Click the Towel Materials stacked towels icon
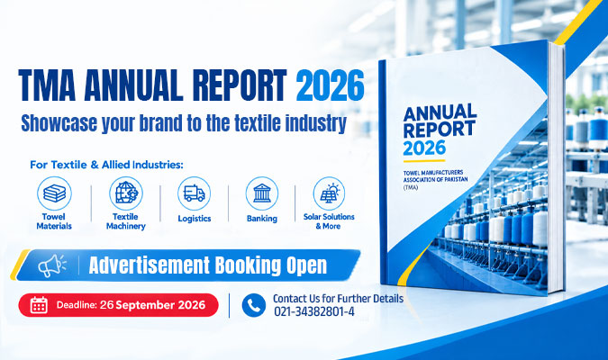pos(54,193)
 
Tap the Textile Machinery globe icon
pos(126,193)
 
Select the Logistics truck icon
pos(195,193)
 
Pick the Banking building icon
pos(262,193)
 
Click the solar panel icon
pos(329,193)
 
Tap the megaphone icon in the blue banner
pos(52,265)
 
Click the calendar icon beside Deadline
pos(39,305)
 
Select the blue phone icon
pos(254,305)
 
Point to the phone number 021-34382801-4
pos(314,311)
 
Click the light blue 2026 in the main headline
pos(330,85)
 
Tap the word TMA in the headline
pos(47,85)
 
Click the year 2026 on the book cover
pos(424,148)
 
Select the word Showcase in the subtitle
pos(59,123)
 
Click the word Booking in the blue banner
pos(248,265)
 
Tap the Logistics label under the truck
pos(195,219)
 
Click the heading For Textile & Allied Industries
pos(106,165)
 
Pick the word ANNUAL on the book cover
pos(440,112)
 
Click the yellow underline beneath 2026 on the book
pos(424,161)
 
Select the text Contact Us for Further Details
pos(338,299)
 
